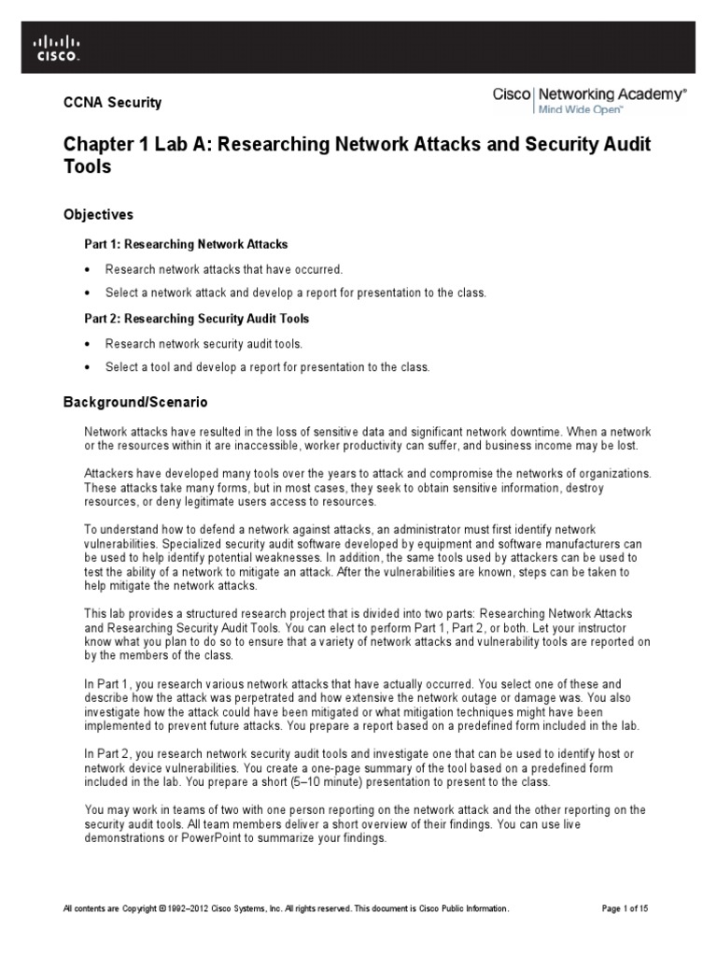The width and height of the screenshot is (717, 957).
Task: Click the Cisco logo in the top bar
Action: click(x=57, y=47)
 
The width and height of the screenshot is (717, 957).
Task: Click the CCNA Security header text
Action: click(x=112, y=103)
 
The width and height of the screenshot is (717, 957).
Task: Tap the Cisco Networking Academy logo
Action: click(x=589, y=94)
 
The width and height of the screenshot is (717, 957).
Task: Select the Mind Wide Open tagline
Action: click(x=578, y=109)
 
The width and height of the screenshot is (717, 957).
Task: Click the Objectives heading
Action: click(x=98, y=215)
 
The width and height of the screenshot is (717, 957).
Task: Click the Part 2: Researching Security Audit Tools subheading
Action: click(x=197, y=318)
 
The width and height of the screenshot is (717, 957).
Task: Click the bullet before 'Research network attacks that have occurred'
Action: click(x=88, y=269)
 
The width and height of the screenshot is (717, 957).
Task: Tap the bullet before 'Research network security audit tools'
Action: click(x=88, y=343)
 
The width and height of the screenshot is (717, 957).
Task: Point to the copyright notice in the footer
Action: click(x=286, y=908)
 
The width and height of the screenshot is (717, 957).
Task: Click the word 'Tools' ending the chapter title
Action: click(x=87, y=167)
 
